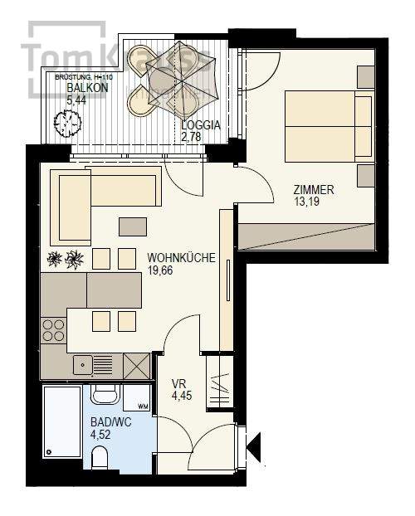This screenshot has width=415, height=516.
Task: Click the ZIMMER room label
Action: point(314,189)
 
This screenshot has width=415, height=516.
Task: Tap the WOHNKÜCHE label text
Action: point(181,258)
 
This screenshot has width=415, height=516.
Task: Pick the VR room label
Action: point(178,384)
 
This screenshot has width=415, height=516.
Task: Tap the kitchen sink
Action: point(83,363)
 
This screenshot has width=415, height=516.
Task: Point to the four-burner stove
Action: point(53,330)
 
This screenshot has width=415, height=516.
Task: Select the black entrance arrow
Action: point(255,449)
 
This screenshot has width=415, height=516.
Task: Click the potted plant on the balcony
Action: point(67,124)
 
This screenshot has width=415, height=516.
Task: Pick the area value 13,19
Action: point(308,201)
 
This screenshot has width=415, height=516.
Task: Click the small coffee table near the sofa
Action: point(133,226)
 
